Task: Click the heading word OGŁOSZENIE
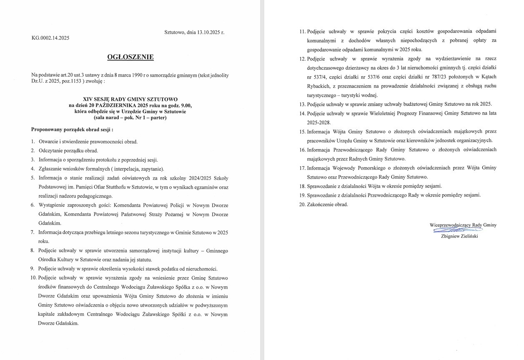pyautogui.click(x=130, y=57)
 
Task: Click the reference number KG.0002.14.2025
pyautogui.click(x=50, y=38)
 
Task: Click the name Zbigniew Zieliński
pyautogui.click(x=459, y=236)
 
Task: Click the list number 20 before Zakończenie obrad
pyautogui.click(x=302, y=205)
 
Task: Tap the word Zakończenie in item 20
pyautogui.click(x=320, y=205)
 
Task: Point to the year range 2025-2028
pyautogui.click(x=318, y=122)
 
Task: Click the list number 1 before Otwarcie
pyautogui.click(x=33, y=142)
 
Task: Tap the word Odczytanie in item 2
pyautogui.click(x=50, y=151)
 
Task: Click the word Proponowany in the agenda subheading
pyautogui.click(x=46, y=130)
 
